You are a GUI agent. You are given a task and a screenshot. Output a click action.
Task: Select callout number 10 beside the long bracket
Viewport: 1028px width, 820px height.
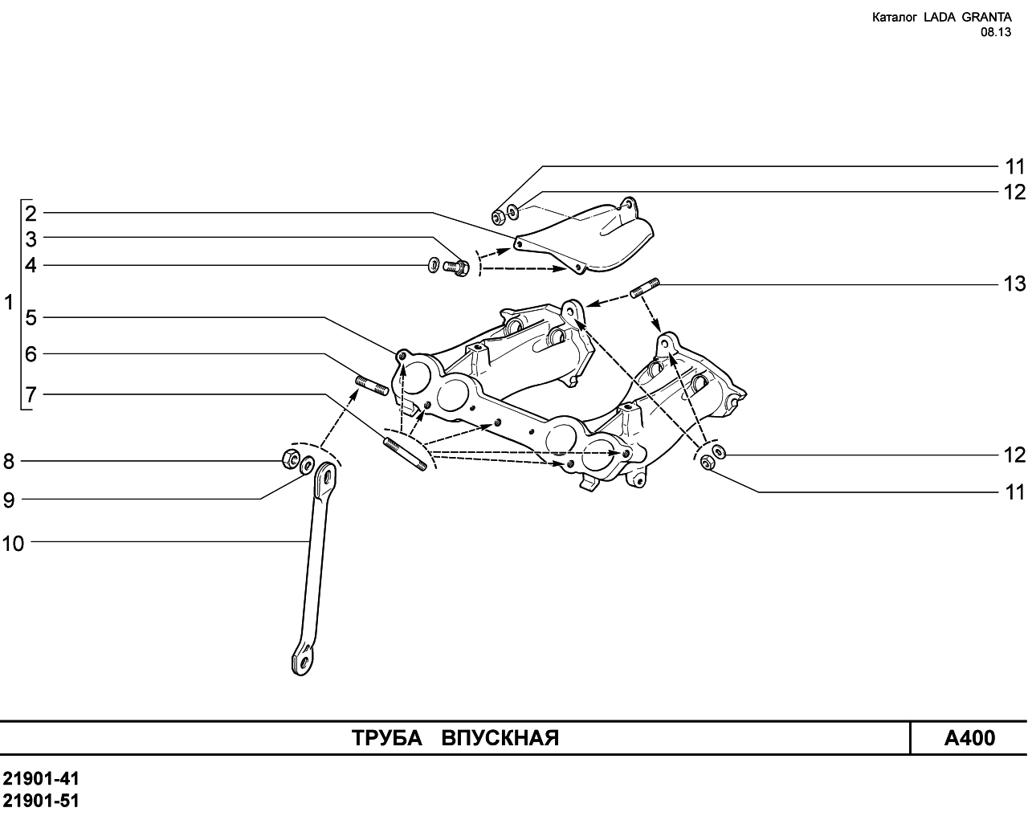[13, 544]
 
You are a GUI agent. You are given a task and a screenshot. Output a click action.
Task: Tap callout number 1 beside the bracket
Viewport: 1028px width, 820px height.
[9, 303]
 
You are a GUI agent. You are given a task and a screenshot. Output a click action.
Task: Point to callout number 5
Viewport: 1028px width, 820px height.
[31, 317]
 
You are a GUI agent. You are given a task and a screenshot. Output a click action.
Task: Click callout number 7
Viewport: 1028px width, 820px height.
[31, 394]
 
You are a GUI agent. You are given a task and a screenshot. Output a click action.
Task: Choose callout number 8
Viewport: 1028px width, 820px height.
[9, 462]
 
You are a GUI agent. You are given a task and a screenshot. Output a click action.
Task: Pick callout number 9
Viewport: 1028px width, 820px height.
[9, 500]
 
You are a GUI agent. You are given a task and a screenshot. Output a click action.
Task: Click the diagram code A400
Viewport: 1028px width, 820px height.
[969, 738]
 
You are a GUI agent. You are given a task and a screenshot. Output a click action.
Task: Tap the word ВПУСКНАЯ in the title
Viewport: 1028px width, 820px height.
[500, 738]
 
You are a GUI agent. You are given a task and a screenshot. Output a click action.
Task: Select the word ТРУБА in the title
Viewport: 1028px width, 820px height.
[387, 738]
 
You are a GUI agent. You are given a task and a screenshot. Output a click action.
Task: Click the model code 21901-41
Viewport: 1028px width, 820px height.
[41, 778]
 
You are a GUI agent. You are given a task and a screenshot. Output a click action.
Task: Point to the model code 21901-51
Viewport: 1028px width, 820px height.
[41, 801]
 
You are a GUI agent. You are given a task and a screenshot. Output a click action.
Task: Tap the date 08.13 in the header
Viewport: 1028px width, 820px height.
[996, 32]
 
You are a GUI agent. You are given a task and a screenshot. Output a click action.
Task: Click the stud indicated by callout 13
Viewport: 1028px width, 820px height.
[644, 288]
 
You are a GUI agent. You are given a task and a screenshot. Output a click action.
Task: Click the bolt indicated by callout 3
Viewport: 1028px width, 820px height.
[455, 267]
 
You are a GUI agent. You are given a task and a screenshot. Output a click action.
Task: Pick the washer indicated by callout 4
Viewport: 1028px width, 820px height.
[434, 265]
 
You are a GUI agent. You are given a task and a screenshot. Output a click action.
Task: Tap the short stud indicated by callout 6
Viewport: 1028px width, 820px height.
[372, 386]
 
